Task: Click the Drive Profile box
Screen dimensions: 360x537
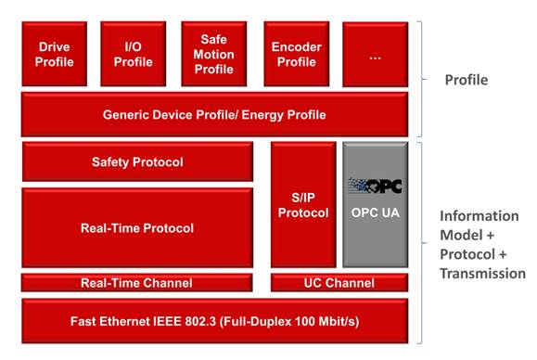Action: tap(55, 54)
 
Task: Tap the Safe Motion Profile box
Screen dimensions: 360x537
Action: tap(214, 54)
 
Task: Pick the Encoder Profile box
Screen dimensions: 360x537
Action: tap(296, 54)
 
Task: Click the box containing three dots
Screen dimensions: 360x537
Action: tap(375, 54)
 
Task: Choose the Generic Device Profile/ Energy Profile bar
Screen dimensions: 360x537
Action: tap(214, 115)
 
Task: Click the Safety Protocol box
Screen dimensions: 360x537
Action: tap(137, 162)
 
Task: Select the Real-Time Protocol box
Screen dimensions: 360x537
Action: tap(137, 227)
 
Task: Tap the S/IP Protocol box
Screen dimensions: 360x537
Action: tap(303, 204)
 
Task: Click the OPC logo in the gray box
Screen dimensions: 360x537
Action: tap(375, 185)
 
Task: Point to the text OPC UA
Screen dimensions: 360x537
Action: tap(375, 212)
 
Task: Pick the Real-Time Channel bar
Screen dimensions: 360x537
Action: tap(137, 283)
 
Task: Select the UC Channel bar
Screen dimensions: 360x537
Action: tap(339, 283)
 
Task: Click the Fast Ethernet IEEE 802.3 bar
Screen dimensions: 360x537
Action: tap(214, 321)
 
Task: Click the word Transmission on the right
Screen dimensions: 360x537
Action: tap(482, 274)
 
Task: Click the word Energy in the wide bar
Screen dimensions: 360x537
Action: tap(262, 115)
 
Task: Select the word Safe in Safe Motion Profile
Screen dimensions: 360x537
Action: tap(214, 39)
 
